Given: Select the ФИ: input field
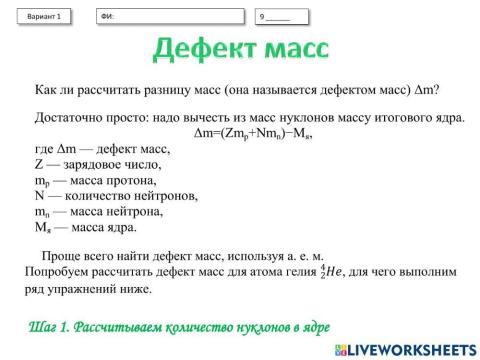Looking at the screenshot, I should [x=170, y=17].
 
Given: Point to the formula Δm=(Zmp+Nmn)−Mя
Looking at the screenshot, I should [x=249, y=133].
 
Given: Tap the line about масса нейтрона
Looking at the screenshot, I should [x=96, y=211].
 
